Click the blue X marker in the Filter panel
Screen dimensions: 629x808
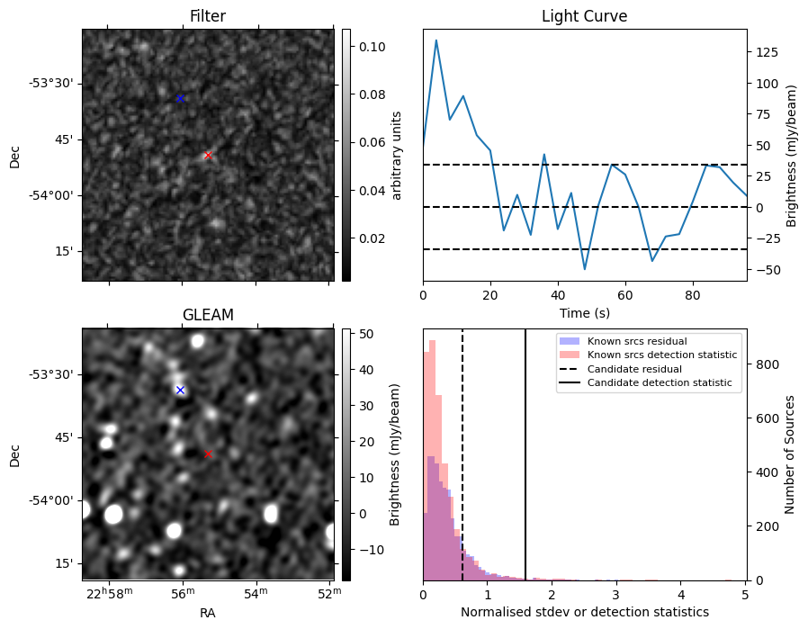tap(180, 98)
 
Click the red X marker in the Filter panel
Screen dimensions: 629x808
tap(208, 156)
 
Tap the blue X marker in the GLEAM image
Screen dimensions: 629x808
tap(180, 390)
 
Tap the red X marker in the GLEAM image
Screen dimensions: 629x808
tap(208, 454)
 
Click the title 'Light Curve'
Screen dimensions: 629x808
tap(584, 16)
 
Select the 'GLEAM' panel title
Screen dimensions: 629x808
tap(208, 315)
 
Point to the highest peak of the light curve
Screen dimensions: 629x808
tap(436, 40)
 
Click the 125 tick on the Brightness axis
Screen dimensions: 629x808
tap(767, 52)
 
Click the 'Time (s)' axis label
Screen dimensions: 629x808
tap(584, 312)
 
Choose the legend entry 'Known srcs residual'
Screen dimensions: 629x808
tap(637, 341)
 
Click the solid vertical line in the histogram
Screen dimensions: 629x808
tap(525, 450)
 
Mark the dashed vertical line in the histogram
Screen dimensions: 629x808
tap(462, 450)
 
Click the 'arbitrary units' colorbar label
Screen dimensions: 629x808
tap(396, 155)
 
